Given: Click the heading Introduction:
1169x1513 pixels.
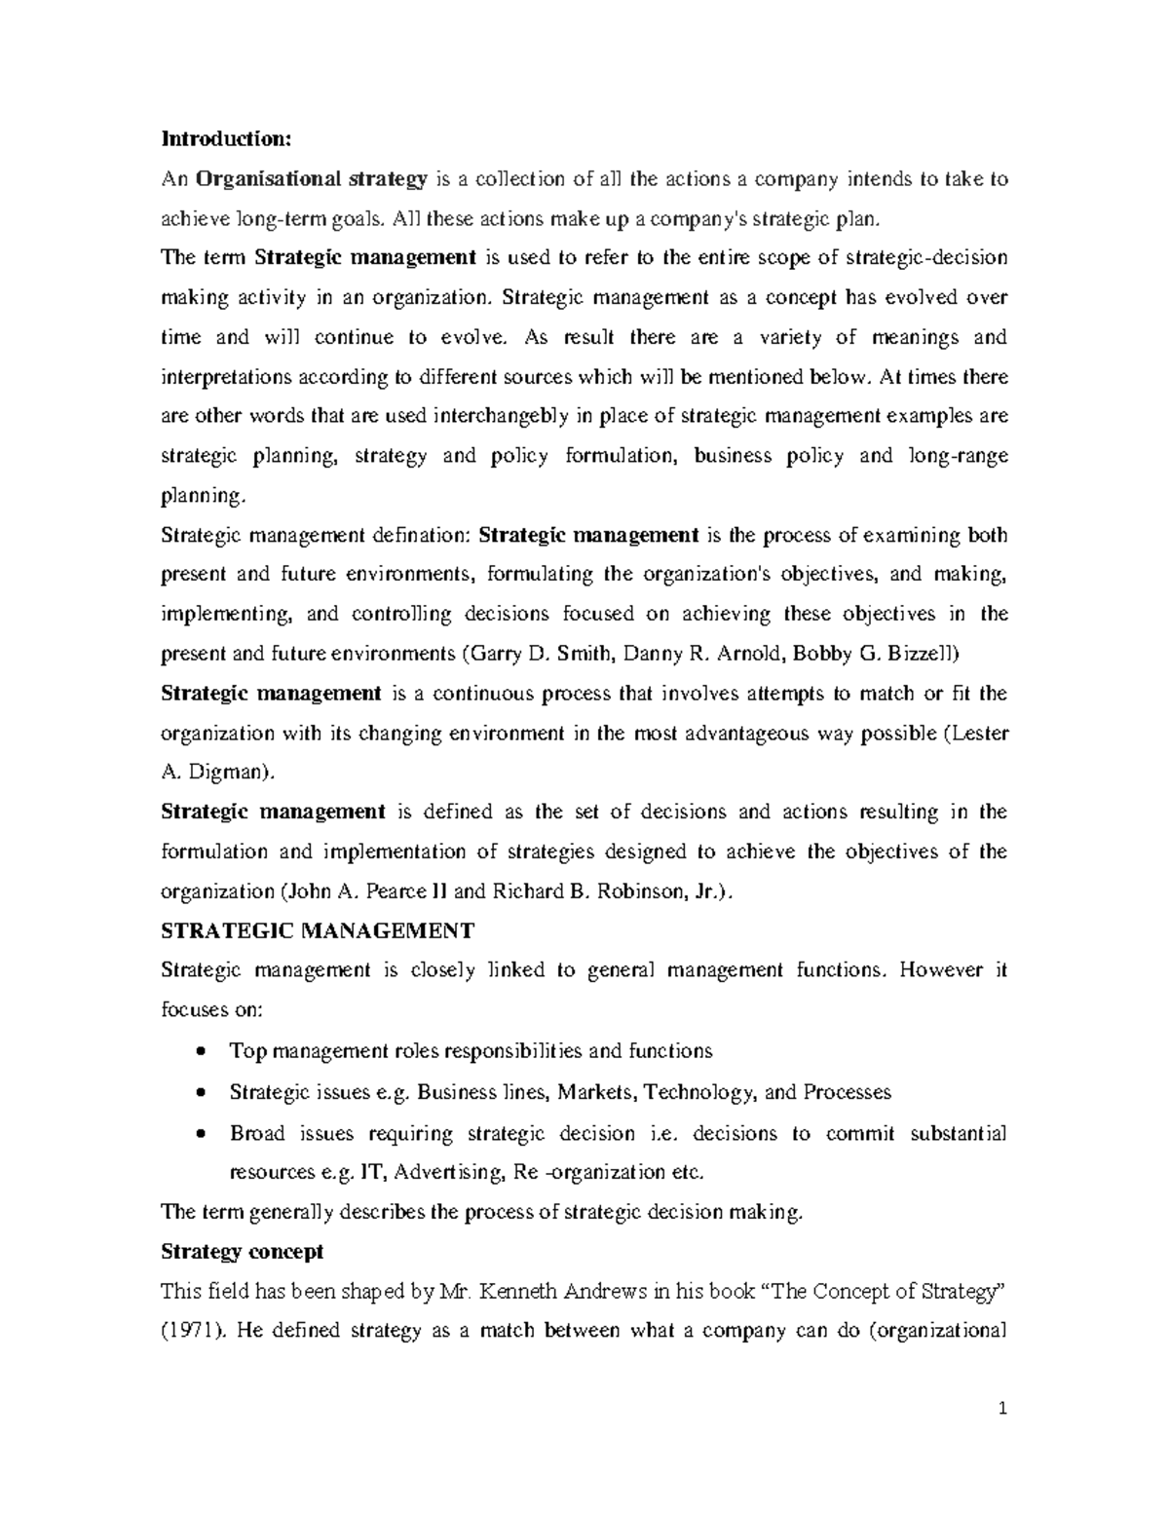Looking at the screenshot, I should pos(225,138).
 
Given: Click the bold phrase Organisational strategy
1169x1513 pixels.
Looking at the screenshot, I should pos(312,178).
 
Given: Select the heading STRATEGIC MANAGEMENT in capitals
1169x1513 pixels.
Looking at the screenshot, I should pos(317,930).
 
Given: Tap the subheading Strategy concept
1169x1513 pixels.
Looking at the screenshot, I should pos(242,1251).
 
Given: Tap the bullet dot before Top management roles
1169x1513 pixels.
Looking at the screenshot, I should pos(200,1051).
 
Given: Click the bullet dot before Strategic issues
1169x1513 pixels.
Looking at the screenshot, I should pos(200,1092).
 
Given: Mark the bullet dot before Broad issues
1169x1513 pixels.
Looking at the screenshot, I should pos(200,1134).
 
